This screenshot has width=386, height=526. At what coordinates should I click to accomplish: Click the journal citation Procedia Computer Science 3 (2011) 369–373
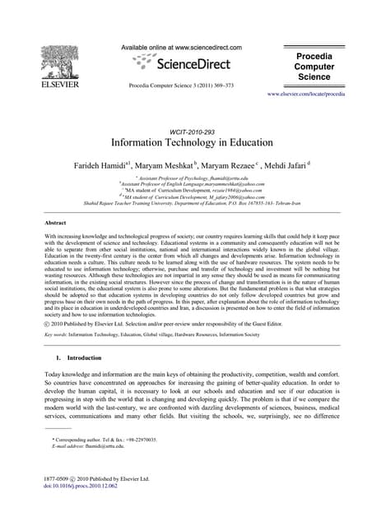point(181,85)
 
